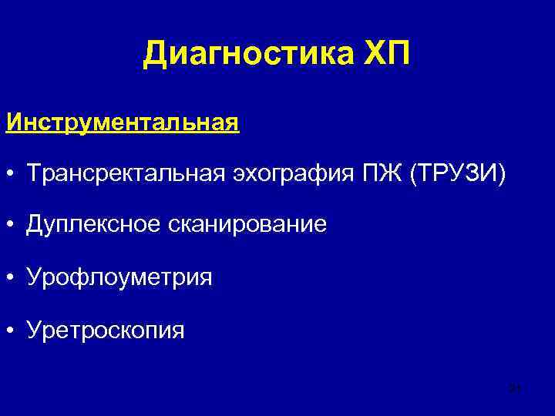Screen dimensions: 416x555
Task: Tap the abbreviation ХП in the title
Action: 388,54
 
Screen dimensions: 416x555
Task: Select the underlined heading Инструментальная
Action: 123,123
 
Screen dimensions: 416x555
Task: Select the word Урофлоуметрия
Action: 119,278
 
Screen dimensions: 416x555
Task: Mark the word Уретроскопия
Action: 106,331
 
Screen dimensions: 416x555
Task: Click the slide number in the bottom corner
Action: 516,388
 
